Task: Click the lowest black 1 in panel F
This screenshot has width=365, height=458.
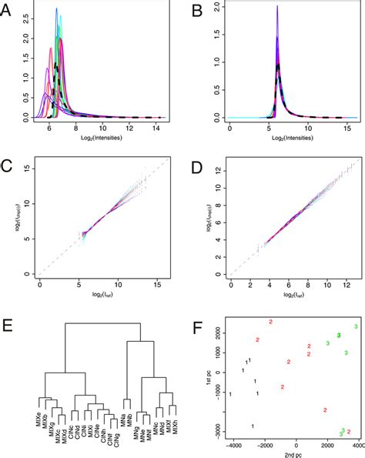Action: [x=252, y=426]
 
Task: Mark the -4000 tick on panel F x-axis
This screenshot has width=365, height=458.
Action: [x=229, y=446]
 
